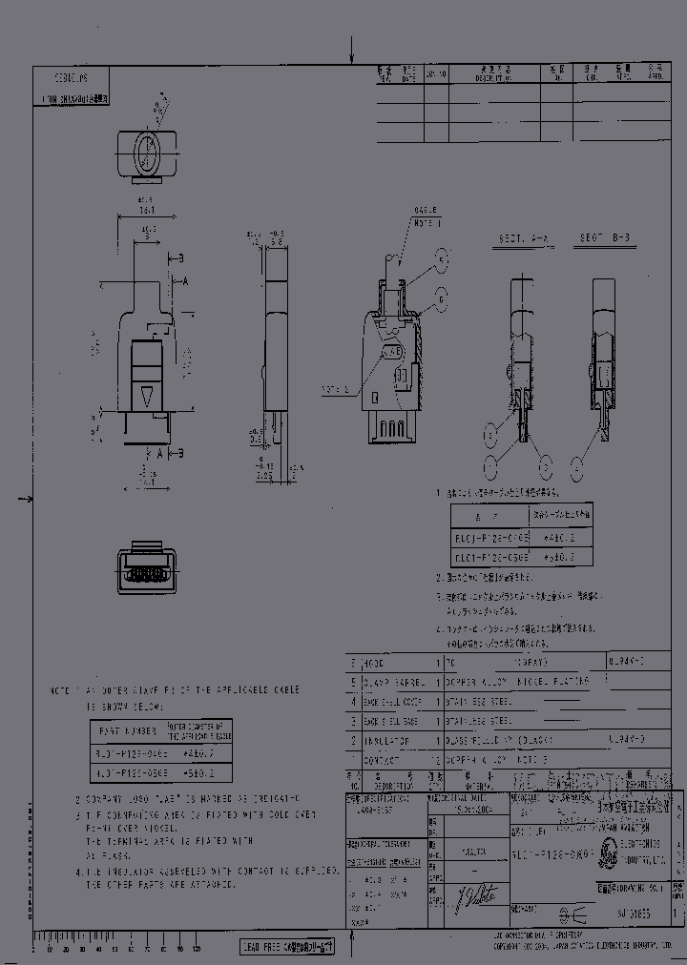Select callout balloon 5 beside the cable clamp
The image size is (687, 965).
[442, 258]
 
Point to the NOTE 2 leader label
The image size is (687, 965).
[334, 389]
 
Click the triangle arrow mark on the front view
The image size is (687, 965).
[145, 396]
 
